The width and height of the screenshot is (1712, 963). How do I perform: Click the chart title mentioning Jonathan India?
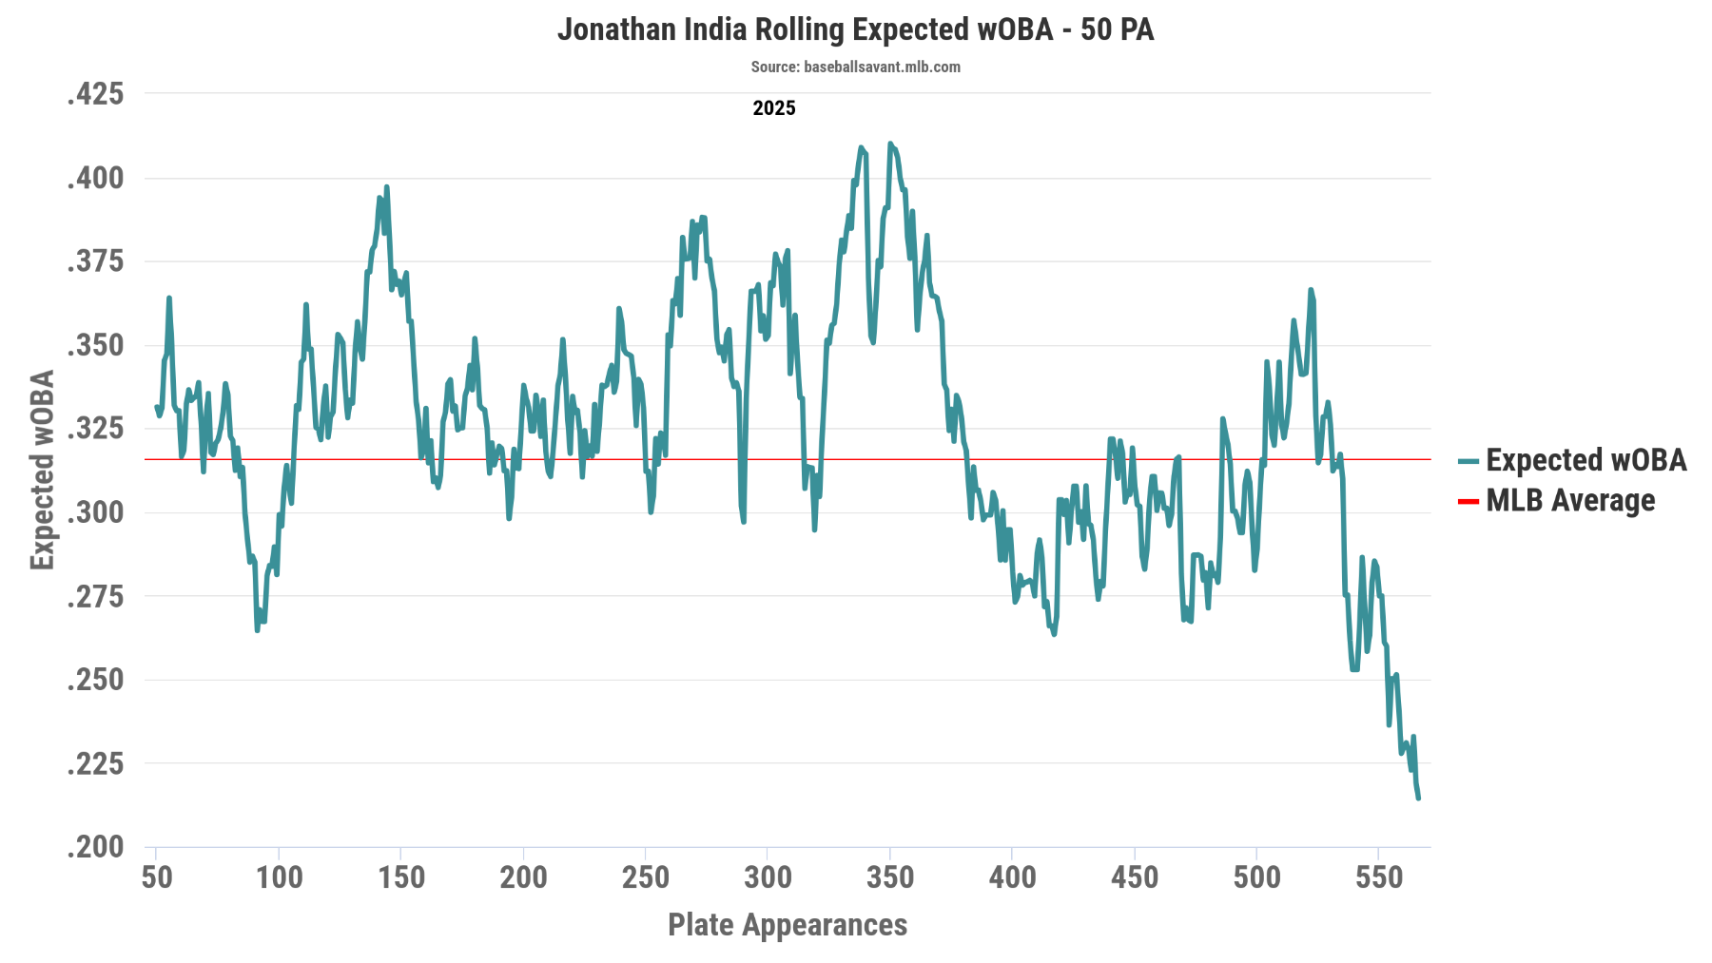855,29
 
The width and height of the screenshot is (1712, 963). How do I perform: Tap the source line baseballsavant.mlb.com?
855,67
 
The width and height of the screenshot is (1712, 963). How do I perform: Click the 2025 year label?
773,108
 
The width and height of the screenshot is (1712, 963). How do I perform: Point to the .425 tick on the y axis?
96,94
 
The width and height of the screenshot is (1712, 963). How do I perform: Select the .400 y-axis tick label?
96,178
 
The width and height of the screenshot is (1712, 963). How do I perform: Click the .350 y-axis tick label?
96,345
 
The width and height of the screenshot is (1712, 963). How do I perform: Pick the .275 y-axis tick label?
96,596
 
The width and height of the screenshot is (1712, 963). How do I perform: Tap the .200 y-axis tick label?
96,846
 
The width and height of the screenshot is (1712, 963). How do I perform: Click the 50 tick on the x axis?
157,876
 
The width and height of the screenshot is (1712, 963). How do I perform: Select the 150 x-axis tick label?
401,876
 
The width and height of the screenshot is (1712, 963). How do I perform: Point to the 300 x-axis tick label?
768,876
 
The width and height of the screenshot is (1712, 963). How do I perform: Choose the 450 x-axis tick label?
1135,876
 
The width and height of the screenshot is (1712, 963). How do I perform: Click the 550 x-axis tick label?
1379,876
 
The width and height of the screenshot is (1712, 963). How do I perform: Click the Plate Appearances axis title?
788,924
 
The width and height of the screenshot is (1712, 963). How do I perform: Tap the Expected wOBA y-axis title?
43,470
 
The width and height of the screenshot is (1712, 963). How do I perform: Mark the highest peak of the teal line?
890,144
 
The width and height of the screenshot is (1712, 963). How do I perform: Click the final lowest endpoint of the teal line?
1418,798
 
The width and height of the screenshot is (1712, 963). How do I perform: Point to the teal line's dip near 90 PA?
257,629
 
